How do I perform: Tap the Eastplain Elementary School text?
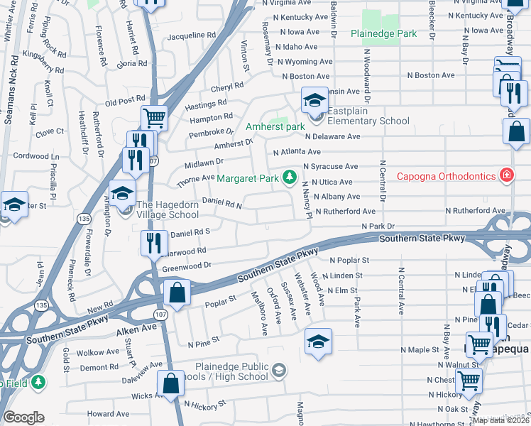(364, 121)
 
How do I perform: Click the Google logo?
(23, 417)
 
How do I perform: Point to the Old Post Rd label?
(124, 102)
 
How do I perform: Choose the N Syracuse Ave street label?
(330, 166)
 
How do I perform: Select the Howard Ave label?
(108, 414)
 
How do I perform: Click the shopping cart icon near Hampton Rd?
(154, 116)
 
